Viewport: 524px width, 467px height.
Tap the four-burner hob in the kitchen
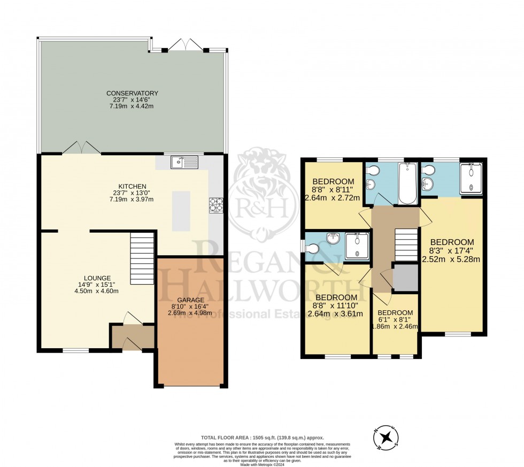[x=215, y=205]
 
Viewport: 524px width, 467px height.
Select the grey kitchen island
[x=181, y=210]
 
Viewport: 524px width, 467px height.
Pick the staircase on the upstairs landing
[x=406, y=244]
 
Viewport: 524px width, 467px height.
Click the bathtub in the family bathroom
[x=407, y=183]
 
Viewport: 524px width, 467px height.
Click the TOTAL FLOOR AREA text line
[x=262, y=438]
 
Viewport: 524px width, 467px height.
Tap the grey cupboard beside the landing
[x=405, y=278]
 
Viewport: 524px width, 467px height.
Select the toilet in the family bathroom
[x=373, y=171]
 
